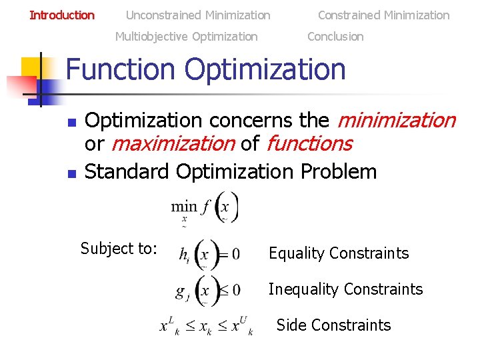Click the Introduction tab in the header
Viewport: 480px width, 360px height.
pos(62,15)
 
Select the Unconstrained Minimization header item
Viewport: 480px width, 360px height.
pos(198,15)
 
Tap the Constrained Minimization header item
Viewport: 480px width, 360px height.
pos(383,15)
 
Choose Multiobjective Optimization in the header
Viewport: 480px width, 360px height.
pos(186,37)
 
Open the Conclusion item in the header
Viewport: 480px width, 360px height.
pos(335,37)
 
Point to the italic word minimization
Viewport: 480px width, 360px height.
pos(396,121)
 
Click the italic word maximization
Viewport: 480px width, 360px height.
pos(173,143)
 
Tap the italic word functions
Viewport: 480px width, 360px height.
pos(309,143)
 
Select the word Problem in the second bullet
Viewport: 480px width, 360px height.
pos(339,171)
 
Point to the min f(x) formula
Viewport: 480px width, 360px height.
pos(205,207)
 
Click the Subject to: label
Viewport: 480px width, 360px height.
pos(119,249)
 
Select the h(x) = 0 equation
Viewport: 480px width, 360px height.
pos(209,254)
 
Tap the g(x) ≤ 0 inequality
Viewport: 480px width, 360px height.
pos(208,291)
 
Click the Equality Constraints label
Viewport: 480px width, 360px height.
pos(338,253)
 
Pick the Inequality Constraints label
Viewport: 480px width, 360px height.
pos(345,289)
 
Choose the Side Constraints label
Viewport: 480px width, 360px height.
pos(333,325)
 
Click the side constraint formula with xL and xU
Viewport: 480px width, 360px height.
pos(206,327)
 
